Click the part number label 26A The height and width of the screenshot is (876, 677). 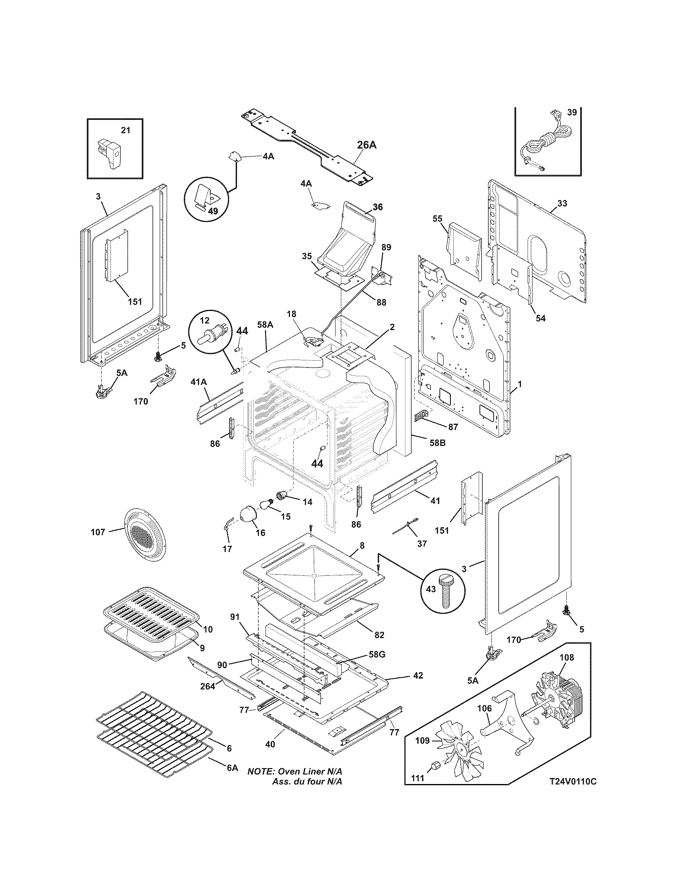[x=366, y=145]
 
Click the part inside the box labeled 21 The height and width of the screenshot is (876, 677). [x=110, y=154]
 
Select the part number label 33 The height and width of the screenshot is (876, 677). [x=562, y=203]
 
